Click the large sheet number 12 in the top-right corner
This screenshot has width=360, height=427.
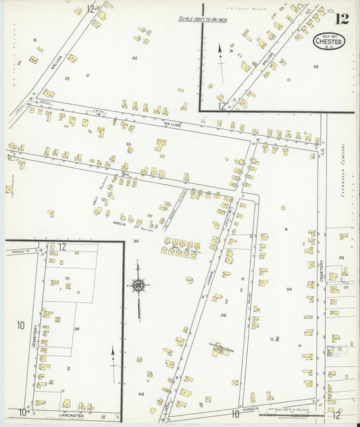[x=342, y=18]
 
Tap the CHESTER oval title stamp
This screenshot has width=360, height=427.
[x=329, y=42]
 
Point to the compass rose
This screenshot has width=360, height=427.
[x=138, y=286]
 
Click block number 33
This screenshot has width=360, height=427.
[x=128, y=144]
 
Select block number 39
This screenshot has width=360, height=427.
[x=223, y=315]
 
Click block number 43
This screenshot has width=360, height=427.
[x=141, y=393]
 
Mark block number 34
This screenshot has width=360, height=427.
[x=288, y=289]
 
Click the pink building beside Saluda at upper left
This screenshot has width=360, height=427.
[x=33, y=60]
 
